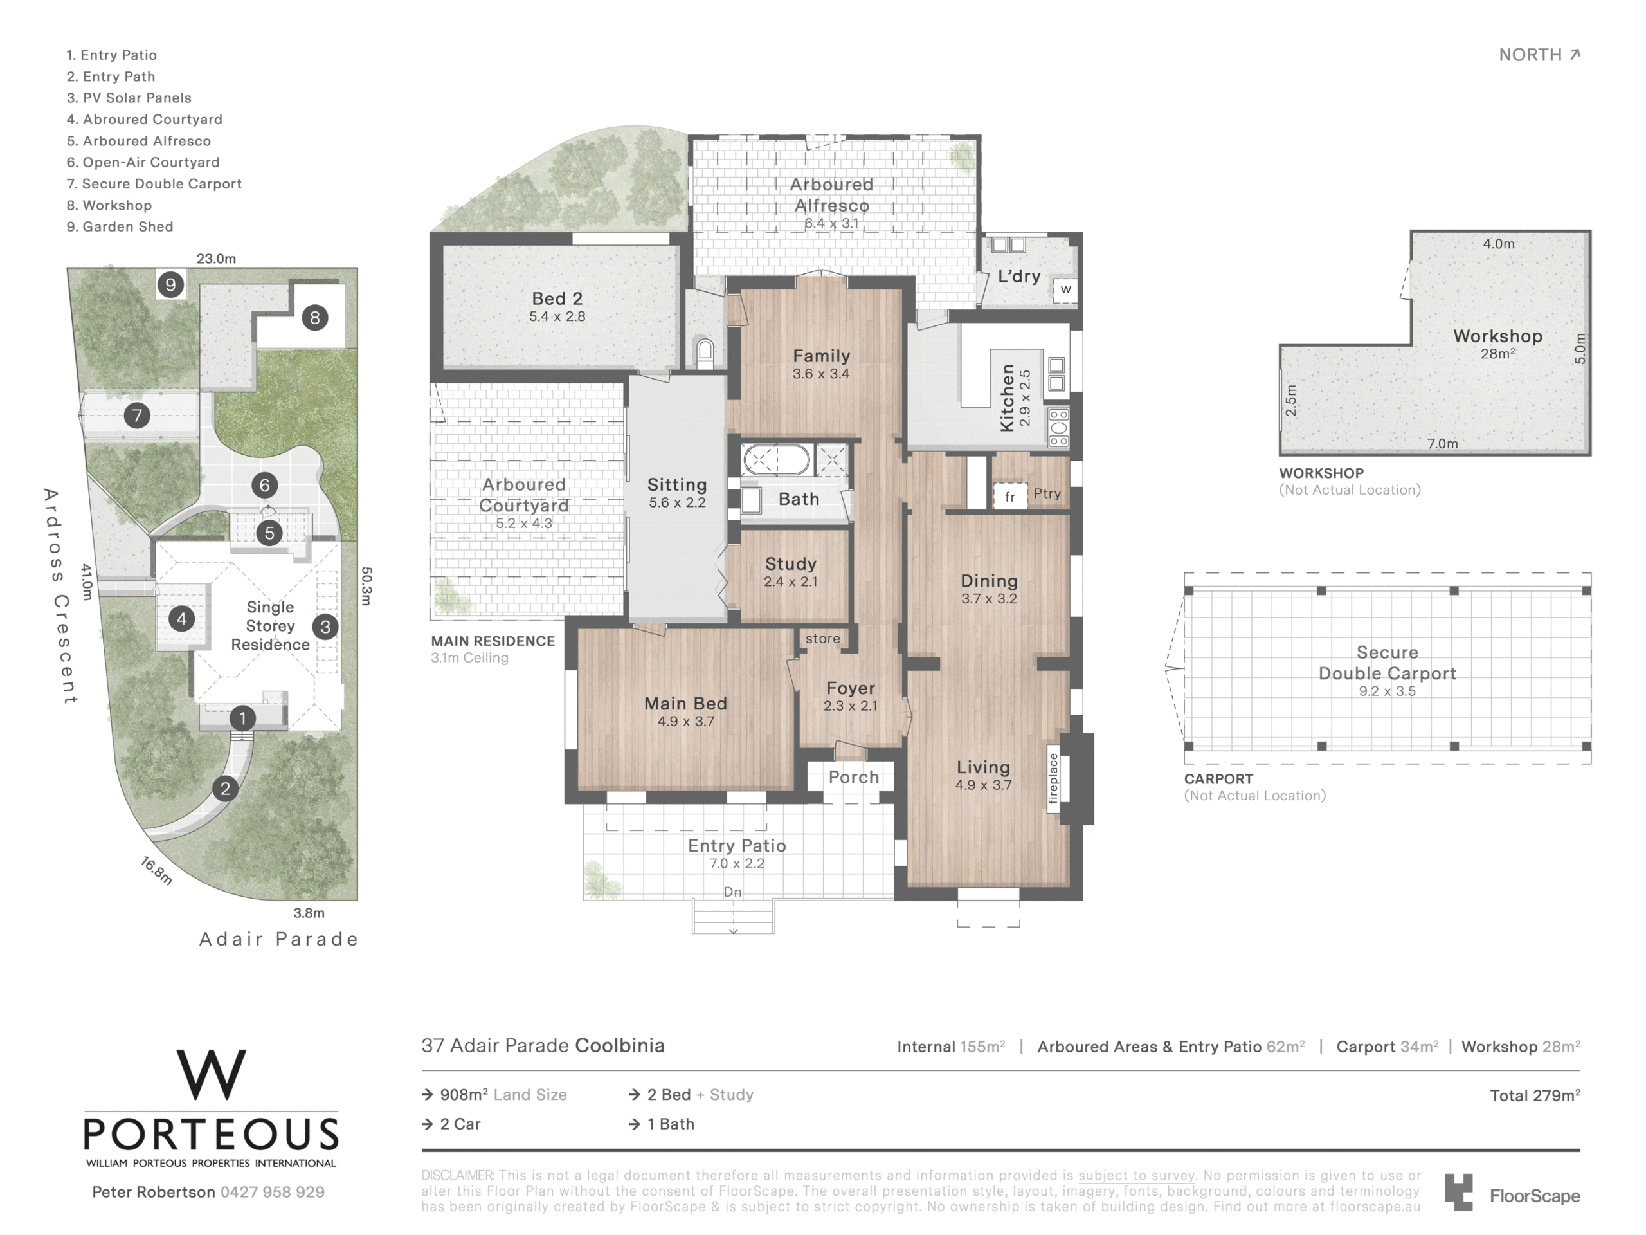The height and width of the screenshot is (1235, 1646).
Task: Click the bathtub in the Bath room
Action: (777, 460)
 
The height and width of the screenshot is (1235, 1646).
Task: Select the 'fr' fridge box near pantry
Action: (1009, 497)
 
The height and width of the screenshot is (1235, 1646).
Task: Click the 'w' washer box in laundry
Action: (1065, 289)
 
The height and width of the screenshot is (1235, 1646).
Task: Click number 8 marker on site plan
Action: (315, 318)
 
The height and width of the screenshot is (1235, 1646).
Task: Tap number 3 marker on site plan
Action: (325, 627)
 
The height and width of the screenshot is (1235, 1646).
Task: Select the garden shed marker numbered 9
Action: (171, 284)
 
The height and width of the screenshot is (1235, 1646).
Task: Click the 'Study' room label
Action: (790, 564)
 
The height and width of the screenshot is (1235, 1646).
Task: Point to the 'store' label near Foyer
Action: (822, 639)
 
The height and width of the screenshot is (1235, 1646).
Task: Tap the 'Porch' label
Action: (853, 777)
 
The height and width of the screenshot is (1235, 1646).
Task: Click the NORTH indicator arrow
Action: (1575, 54)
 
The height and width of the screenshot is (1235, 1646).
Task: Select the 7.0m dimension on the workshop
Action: (1442, 444)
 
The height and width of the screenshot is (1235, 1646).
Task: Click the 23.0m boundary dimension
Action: (216, 259)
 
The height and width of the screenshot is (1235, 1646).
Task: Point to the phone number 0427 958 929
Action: (273, 1192)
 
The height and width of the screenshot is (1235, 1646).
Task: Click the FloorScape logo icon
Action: (1458, 1192)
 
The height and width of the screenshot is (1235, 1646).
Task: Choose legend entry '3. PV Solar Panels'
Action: (129, 98)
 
